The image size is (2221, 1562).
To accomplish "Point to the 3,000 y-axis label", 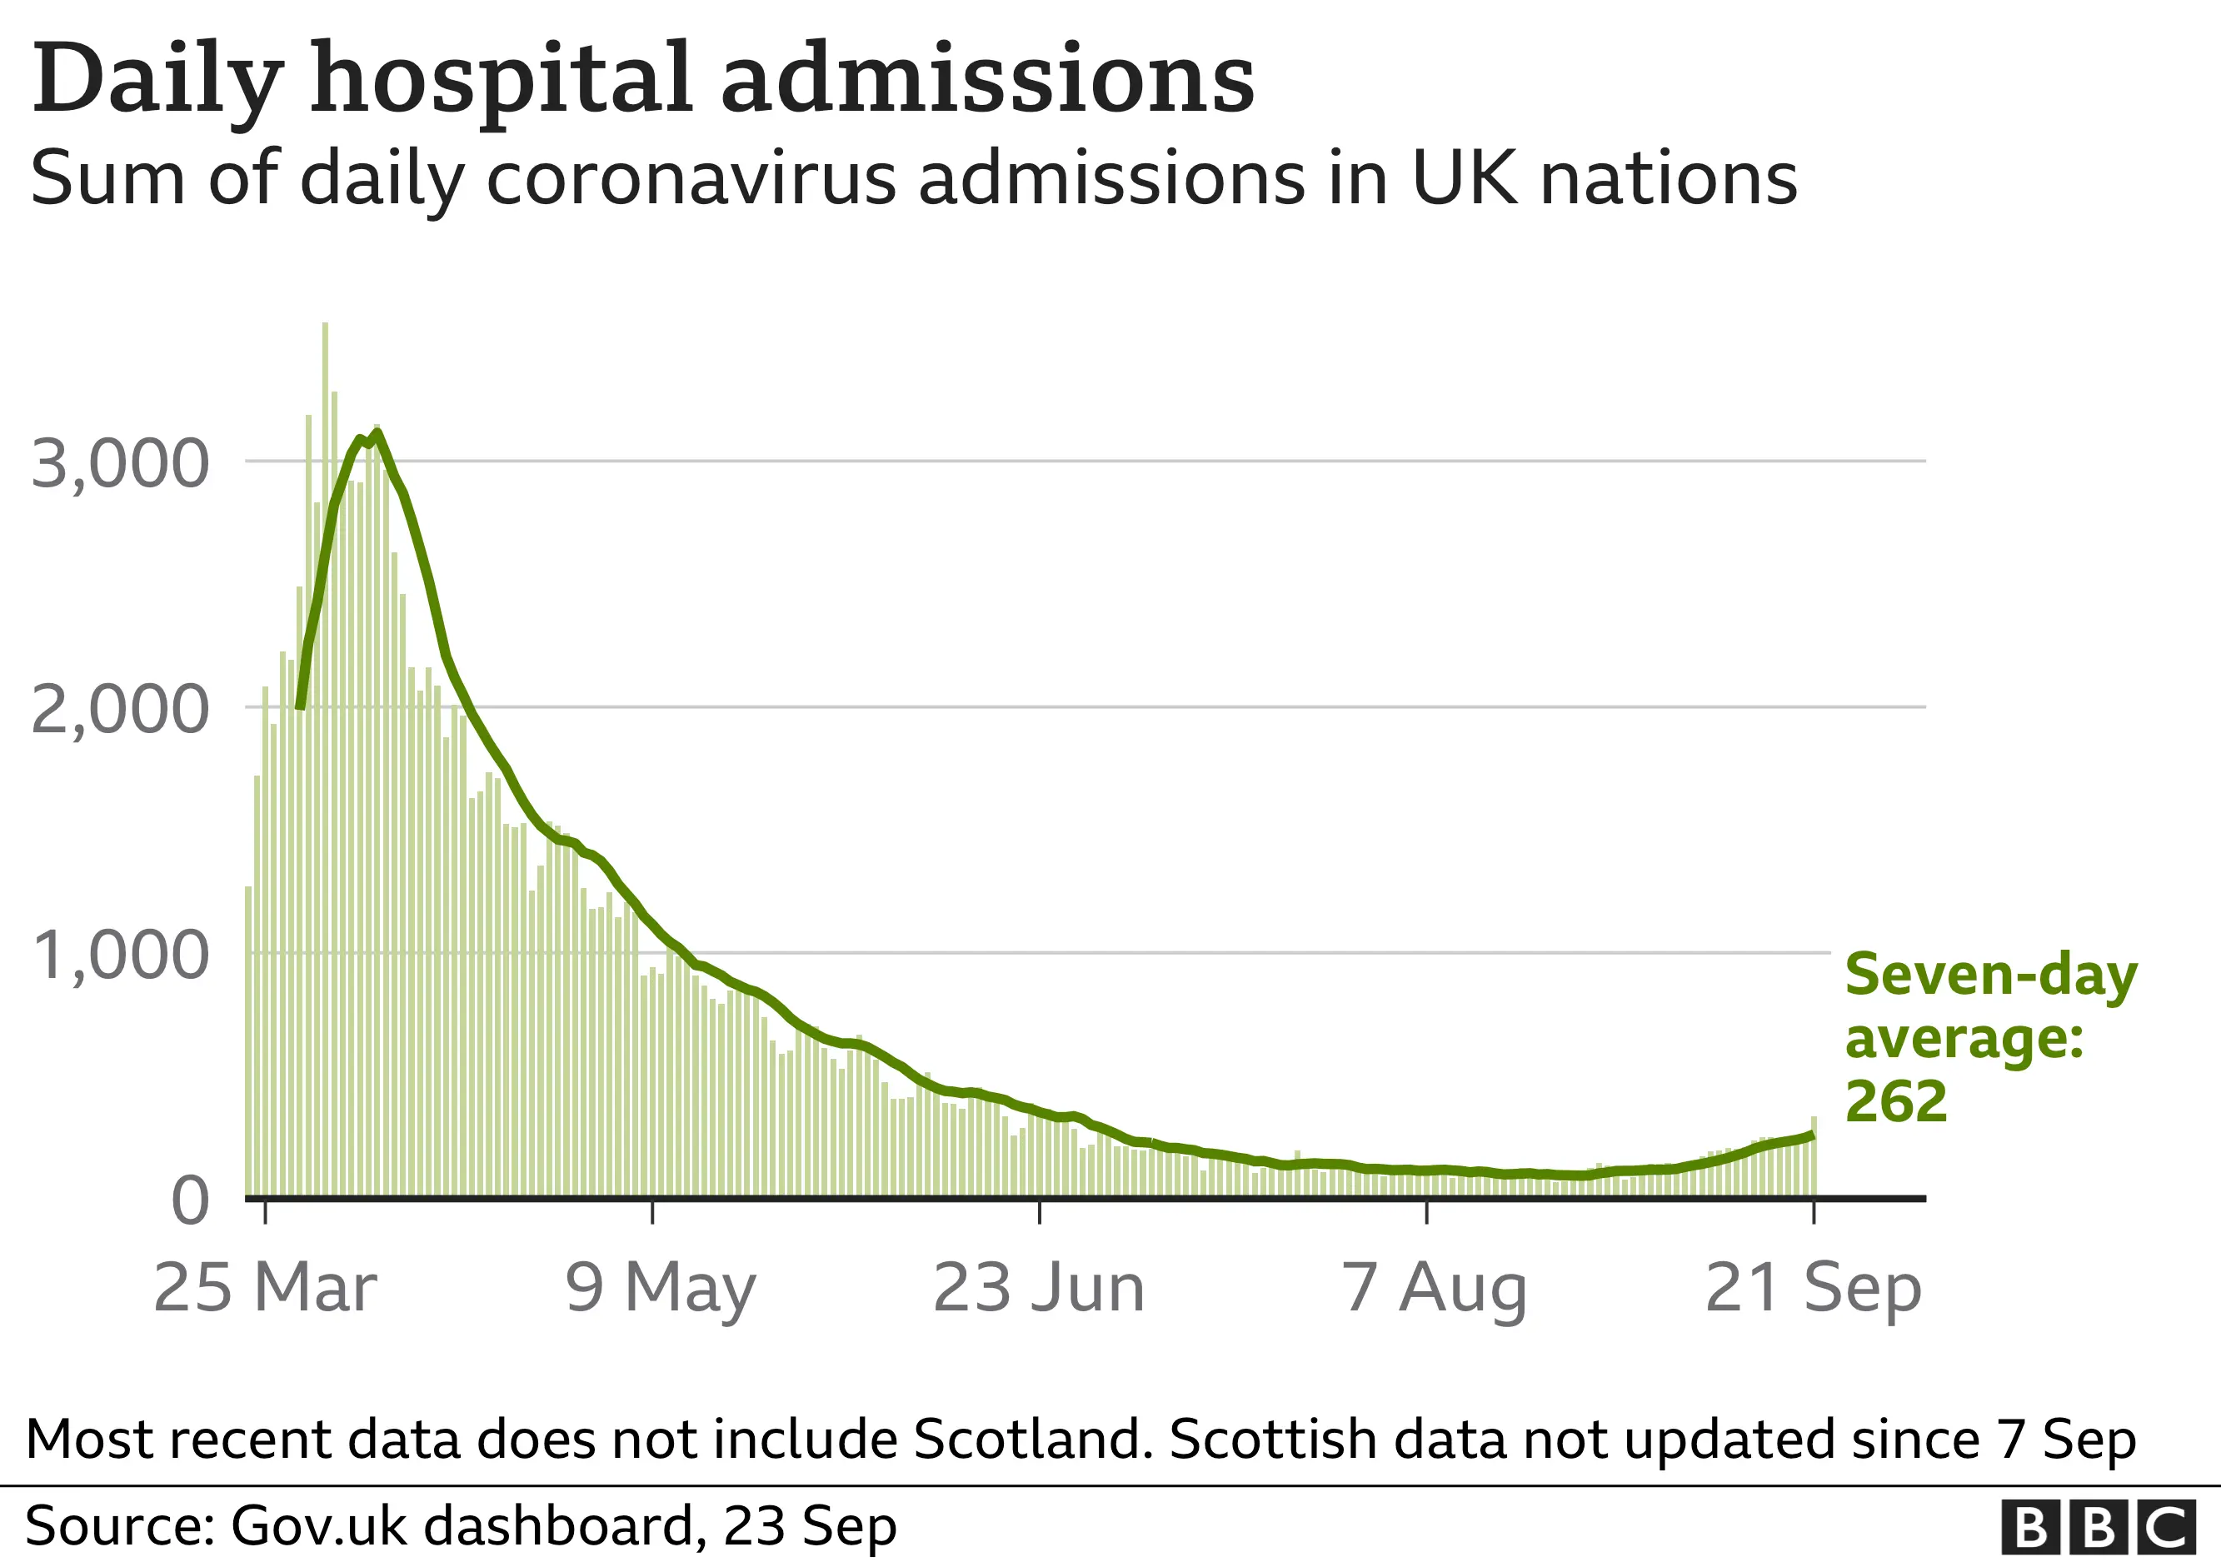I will pos(120,463).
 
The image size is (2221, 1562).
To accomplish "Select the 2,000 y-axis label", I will pos(120,709).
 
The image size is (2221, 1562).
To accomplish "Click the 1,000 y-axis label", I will pos(120,955).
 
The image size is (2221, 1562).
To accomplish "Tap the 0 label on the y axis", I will pos(190,1200).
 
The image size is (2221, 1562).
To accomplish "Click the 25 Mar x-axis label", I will pos(264,1288).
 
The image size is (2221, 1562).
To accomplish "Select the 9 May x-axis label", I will pos(661,1288).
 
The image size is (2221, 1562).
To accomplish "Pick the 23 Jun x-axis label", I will pos(1039,1288).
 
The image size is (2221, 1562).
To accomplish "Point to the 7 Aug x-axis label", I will pos(1435,1288).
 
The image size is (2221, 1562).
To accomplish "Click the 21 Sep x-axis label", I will pos(1813,1288).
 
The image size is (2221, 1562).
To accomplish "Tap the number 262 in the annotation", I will pos(1895,1101).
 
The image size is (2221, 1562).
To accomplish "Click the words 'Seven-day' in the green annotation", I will pos(1991,975).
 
